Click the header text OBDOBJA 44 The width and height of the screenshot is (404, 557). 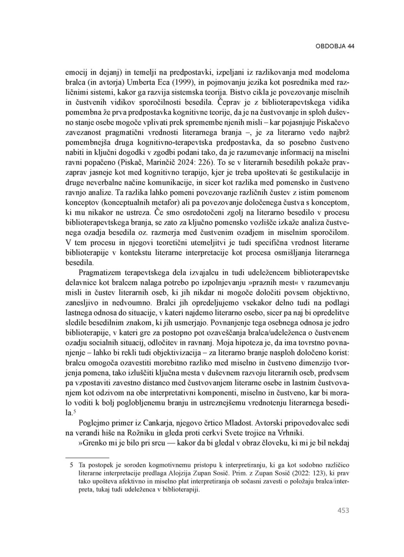tap(335, 46)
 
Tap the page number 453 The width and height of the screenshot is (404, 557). tap(343, 510)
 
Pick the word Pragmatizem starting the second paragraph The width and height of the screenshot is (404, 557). tap(101, 272)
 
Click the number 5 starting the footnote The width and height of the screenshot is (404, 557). tap(71, 465)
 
